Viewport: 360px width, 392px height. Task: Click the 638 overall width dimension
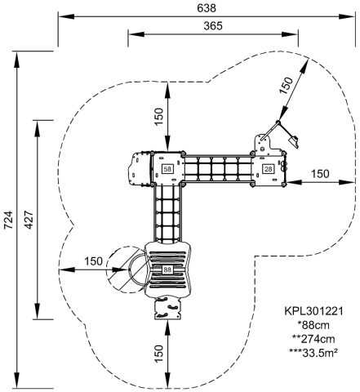(x=207, y=8)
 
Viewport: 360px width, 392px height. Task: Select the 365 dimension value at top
(x=213, y=26)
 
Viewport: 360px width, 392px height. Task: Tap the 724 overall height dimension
(x=8, y=220)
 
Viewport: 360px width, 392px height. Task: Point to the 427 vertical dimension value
(x=29, y=220)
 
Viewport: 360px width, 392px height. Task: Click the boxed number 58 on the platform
(x=167, y=169)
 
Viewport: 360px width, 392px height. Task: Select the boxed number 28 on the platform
(x=269, y=169)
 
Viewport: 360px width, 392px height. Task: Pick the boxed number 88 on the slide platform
(x=167, y=269)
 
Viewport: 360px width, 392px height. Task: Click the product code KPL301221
(x=313, y=311)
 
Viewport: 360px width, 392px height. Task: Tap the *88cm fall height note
(x=313, y=325)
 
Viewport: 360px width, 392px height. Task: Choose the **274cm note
(x=313, y=339)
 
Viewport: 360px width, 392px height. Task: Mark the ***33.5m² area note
(x=313, y=353)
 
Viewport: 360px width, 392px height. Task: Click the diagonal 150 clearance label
(x=287, y=86)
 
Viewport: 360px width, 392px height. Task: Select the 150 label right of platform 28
(x=320, y=173)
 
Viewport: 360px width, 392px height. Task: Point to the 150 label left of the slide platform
(x=93, y=261)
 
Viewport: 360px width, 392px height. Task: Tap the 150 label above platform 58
(x=159, y=117)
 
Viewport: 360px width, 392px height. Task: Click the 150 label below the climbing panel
(x=159, y=354)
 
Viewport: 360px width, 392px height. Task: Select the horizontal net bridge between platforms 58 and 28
(x=218, y=169)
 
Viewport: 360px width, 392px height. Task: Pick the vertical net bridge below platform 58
(x=167, y=212)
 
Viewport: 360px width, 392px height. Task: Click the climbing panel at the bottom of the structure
(x=167, y=309)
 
